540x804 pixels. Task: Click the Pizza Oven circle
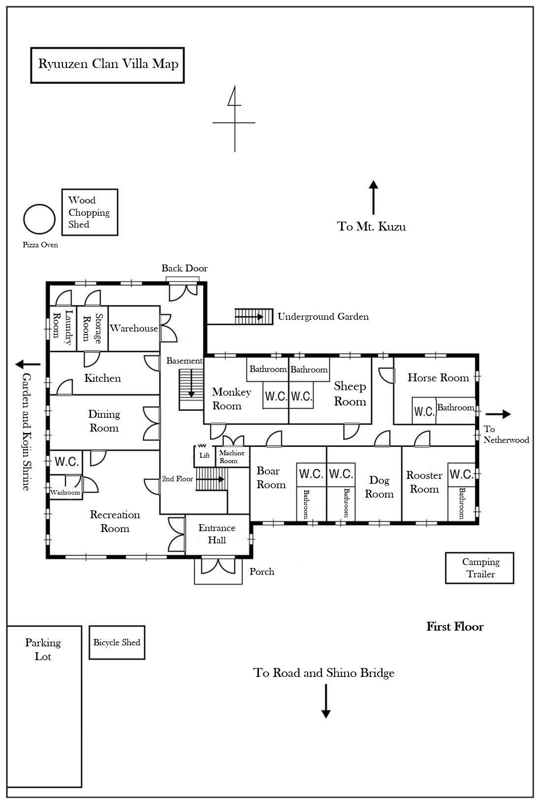[x=39, y=219]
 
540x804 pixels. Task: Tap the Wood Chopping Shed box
[x=90, y=212]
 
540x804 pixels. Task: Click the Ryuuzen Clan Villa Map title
[x=108, y=65]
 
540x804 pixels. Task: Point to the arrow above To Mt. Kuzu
[x=374, y=197]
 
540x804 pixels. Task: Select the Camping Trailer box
[x=479, y=568]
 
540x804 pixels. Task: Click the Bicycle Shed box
[x=117, y=642]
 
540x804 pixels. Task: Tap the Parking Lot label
[x=43, y=649]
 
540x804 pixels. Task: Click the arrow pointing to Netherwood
[x=498, y=414]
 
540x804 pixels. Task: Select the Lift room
[x=204, y=456]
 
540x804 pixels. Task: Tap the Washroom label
[x=65, y=492]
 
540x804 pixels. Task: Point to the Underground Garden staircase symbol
[x=254, y=316]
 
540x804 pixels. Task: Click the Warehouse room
[x=134, y=329]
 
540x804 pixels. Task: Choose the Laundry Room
[x=63, y=328]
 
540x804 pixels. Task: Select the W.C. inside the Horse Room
[x=424, y=410]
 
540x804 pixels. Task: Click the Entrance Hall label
[x=217, y=534]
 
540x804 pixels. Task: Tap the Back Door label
[x=185, y=268]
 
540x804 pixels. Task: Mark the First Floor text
[x=455, y=627]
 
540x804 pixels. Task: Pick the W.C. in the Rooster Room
[x=461, y=474]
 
